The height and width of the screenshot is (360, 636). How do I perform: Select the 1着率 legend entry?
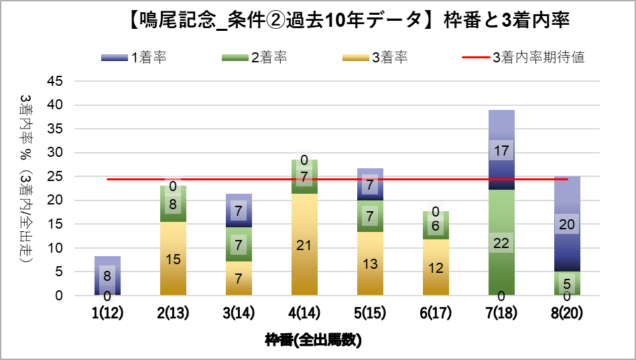[x=134, y=58]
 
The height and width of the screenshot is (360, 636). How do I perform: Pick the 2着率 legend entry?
[x=254, y=58]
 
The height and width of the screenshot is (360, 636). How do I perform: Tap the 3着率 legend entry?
[x=375, y=58]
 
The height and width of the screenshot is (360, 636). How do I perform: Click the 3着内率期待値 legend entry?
[x=523, y=58]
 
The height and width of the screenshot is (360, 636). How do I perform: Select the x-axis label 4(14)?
[x=304, y=312]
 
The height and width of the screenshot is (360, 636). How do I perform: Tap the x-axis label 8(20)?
[x=566, y=312]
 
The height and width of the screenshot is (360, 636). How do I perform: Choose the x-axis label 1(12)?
[x=107, y=312]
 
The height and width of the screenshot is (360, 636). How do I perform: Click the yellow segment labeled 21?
[x=304, y=245]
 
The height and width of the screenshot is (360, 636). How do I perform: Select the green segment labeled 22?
[x=501, y=243]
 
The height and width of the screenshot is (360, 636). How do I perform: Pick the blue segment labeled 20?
[x=567, y=224]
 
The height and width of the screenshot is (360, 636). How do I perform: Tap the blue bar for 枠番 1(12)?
[x=107, y=276]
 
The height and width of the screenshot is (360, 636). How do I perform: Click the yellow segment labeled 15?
[x=173, y=259]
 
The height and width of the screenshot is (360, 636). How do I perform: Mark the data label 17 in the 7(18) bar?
[x=501, y=151]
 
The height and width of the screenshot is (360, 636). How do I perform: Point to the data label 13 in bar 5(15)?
[x=370, y=263]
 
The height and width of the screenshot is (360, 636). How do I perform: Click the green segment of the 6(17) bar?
[x=436, y=225]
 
